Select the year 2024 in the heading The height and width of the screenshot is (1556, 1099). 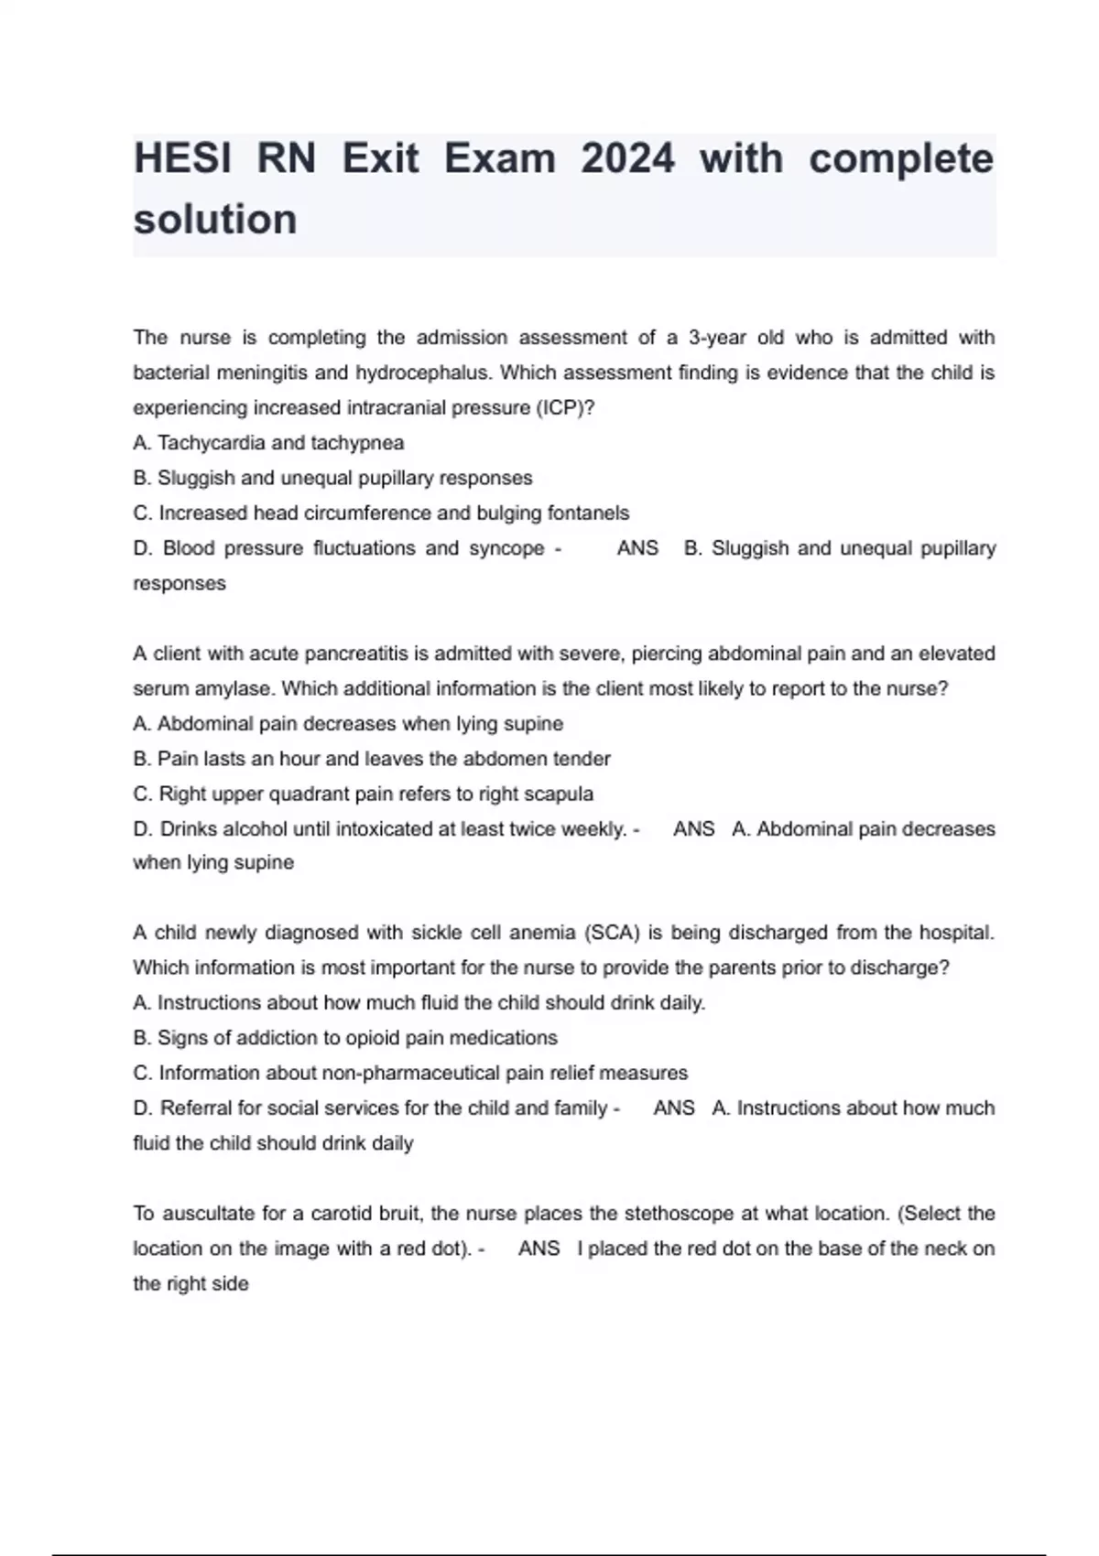pyautogui.click(x=627, y=159)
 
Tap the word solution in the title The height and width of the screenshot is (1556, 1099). pyautogui.click(x=215, y=220)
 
